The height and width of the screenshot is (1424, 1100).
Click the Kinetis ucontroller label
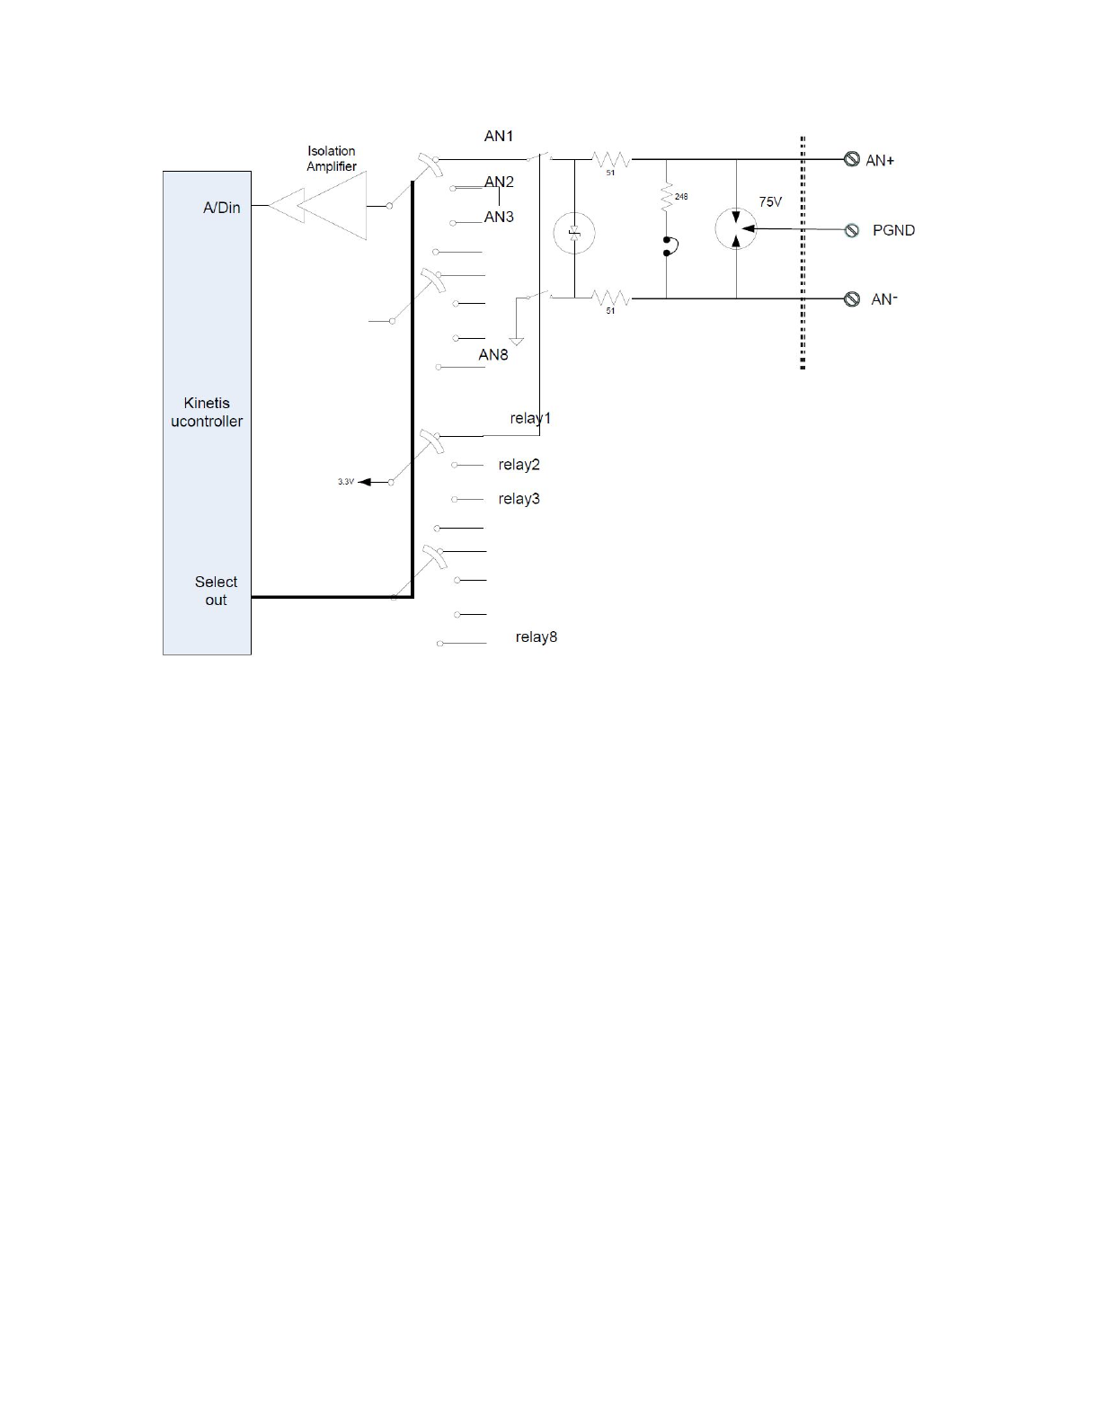pyautogui.click(x=207, y=412)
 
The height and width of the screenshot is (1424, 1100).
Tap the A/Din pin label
pyautogui.click(x=221, y=208)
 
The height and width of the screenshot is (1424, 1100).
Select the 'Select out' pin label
pyautogui.click(x=216, y=591)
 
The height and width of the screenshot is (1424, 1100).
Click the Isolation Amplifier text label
pyautogui.click(x=332, y=158)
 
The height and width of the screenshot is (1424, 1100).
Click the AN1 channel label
pyautogui.click(x=499, y=136)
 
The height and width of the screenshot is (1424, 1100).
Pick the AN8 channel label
pyautogui.click(x=493, y=354)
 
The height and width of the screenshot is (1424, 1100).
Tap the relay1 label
pyautogui.click(x=530, y=418)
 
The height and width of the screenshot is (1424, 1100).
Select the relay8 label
pyautogui.click(x=537, y=636)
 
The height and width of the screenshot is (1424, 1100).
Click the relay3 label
pyautogui.click(x=519, y=499)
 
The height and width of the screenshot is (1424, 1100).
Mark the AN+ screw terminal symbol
pyautogui.click(x=852, y=160)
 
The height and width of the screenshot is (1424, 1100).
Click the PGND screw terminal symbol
pyautogui.click(x=852, y=230)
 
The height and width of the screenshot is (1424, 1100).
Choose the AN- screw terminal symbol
pyautogui.click(x=852, y=299)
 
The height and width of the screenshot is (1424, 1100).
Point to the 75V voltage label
pyautogui.click(x=770, y=202)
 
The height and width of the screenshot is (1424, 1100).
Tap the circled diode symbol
pyautogui.click(x=574, y=234)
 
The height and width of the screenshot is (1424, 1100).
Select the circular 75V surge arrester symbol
pyautogui.click(x=736, y=229)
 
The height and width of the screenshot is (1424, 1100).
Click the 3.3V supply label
pyautogui.click(x=346, y=482)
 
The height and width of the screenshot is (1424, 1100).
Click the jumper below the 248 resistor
pyautogui.click(x=668, y=246)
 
